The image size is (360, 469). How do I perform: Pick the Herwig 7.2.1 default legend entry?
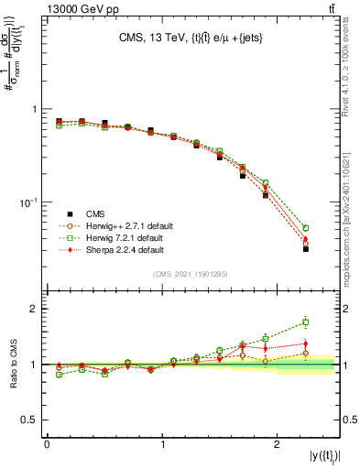[x=115, y=236]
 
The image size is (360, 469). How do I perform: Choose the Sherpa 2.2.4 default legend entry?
[x=115, y=249]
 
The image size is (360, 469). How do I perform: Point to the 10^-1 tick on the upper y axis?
[x=28, y=202]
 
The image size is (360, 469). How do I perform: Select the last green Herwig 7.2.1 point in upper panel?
[x=306, y=228]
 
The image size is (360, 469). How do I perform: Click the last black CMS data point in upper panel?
[x=306, y=248]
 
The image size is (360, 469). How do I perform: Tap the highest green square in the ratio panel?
[x=306, y=322]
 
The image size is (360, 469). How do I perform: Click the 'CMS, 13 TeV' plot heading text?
[x=191, y=38]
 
